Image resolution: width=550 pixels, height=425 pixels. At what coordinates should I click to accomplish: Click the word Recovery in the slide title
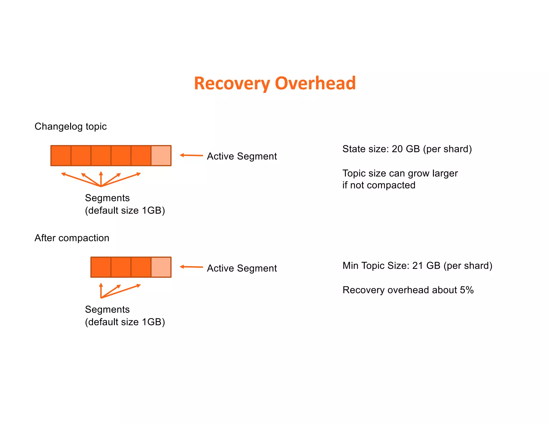[x=232, y=84]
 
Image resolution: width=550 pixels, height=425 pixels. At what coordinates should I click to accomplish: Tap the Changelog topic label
[x=71, y=126]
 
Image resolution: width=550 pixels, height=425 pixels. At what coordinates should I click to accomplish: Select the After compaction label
[x=72, y=238]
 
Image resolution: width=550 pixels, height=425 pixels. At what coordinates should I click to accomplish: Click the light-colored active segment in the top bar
[x=161, y=156]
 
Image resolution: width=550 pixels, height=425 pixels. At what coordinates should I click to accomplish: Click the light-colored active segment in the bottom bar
[x=161, y=267]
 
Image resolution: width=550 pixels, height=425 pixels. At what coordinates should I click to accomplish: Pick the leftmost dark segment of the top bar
[x=61, y=156]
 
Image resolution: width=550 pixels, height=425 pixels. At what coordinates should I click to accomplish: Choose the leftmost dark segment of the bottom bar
[x=101, y=267]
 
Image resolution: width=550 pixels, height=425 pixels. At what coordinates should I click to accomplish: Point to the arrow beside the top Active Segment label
[x=191, y=155]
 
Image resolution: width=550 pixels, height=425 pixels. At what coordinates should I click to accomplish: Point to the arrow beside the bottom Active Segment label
[x=191, y=267]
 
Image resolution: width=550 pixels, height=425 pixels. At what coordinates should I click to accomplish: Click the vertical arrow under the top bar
[x=101, y=178]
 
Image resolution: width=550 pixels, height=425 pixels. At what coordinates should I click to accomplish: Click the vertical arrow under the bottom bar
[x=101, y=290]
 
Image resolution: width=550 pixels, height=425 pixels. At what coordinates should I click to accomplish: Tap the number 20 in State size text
[x=397, y=149]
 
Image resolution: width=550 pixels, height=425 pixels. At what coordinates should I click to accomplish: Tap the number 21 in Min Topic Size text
[x=418, y=266]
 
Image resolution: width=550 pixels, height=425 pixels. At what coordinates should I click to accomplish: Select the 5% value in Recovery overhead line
[x=466, y=290]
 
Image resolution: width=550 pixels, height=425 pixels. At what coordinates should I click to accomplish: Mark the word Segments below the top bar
[x=107, y=198]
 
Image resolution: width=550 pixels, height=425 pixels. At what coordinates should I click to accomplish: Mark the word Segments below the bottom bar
[x=107, y=309]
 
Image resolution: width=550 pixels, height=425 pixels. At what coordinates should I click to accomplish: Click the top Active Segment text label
[x=242, y=156]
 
